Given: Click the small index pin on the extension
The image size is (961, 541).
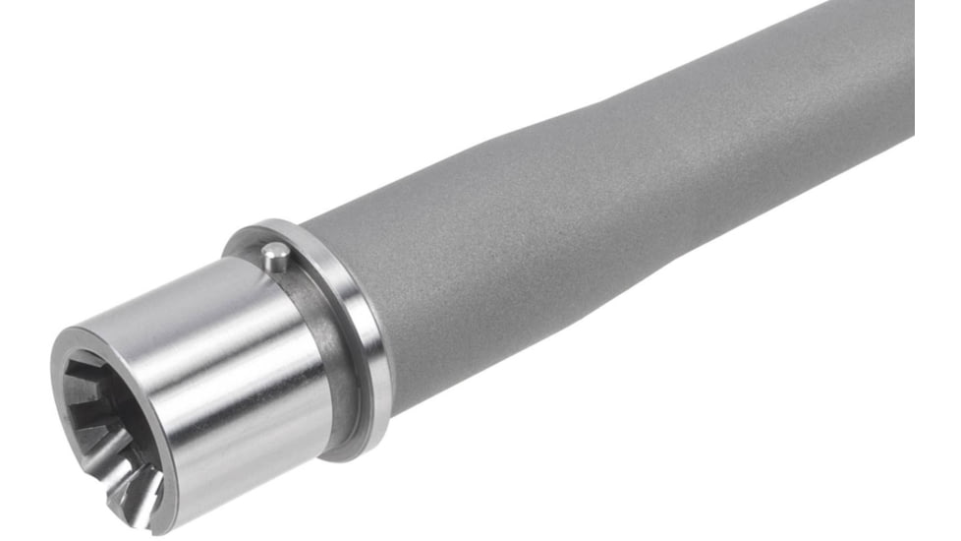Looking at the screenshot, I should tap(276, 258).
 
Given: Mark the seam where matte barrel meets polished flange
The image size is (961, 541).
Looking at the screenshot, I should tap(388, 325).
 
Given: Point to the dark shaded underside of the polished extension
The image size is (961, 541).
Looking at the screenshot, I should tap(255, 443).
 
